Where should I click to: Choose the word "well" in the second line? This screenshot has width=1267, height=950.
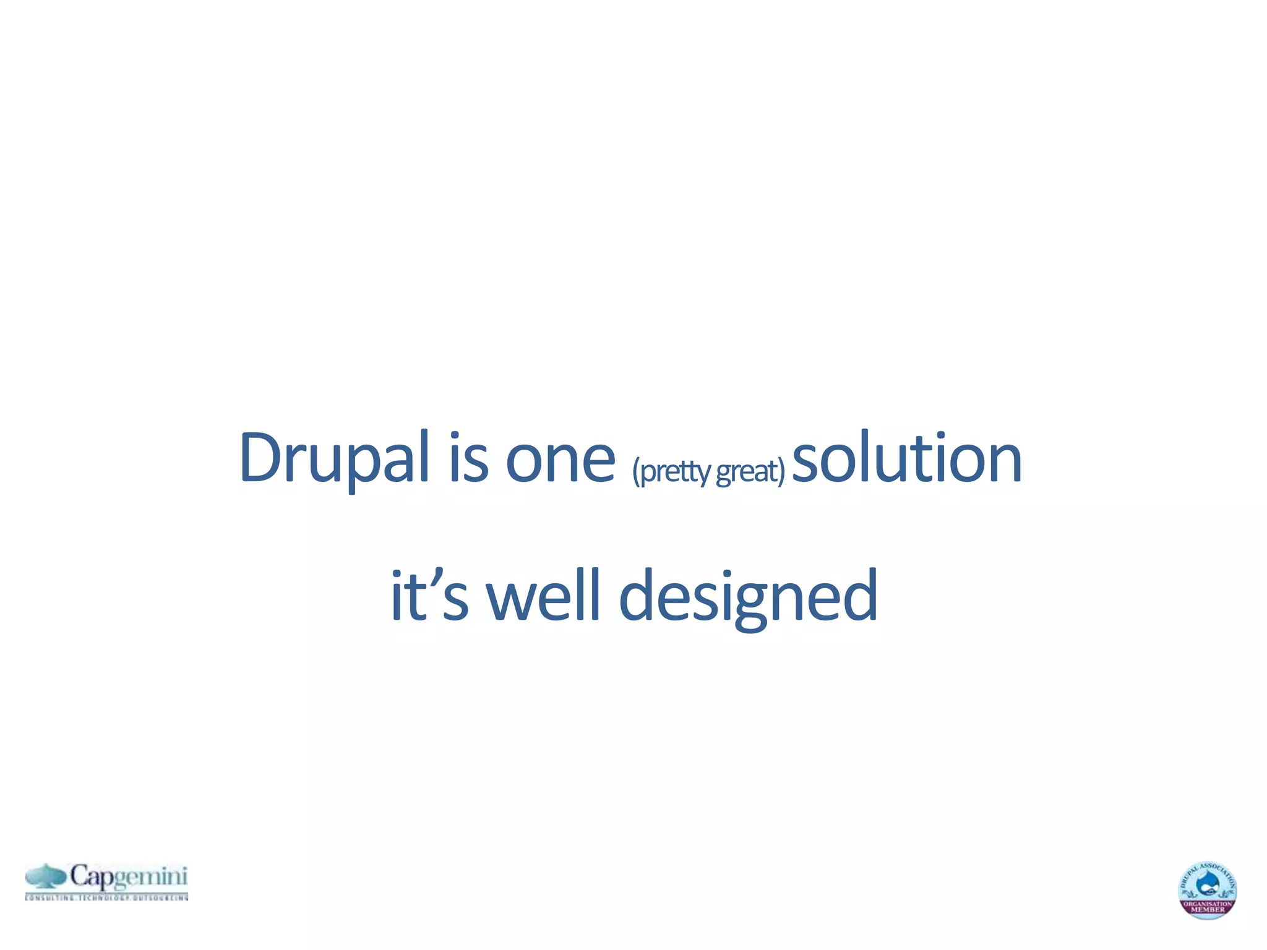click(543, 595)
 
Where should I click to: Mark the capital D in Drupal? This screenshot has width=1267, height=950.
click(258, 458)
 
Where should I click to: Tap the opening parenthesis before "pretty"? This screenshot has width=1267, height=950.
click(636, 472)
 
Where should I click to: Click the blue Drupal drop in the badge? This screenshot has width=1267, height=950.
click(1207, 885)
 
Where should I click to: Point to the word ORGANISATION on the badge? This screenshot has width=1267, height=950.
click(1207, 904)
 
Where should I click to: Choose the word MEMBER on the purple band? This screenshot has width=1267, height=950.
click(1207, 910)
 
